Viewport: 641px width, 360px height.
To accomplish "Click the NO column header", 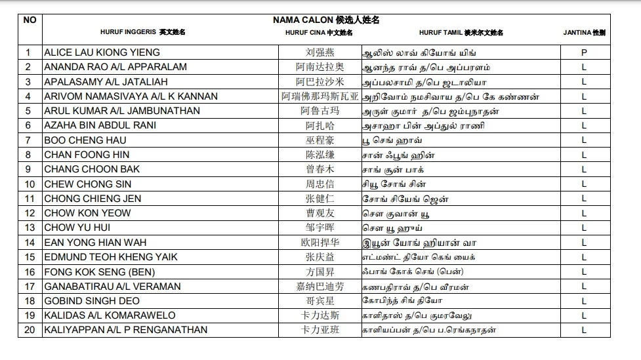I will click(x=30, y=20).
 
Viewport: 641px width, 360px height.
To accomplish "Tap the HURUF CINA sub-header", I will click(x=320, y=32).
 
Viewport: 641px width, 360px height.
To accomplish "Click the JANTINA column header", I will click(x=584, y=32).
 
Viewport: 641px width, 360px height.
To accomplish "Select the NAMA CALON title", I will click(x=326, y=20).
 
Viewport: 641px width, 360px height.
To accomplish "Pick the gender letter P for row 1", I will click(x=584, y=52).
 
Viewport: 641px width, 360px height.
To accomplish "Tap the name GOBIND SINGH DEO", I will click(x=92, y=301).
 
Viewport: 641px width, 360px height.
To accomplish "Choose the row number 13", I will click(x=30, y=228).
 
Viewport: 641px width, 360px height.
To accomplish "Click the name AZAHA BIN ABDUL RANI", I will click(x=100, y=125).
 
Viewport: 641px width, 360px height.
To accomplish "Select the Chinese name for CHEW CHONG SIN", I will click(x=320, y=184).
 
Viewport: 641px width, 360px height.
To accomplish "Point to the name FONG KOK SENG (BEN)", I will click(x=99, y=272).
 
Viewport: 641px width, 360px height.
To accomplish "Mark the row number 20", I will click(x=30, y=330).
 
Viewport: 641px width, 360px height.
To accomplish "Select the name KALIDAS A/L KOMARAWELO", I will click(x=110, y=315).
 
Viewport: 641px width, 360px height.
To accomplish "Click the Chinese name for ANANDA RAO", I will click(x=320, y=67).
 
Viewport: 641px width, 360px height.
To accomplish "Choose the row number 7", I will click(x=30, y=140).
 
